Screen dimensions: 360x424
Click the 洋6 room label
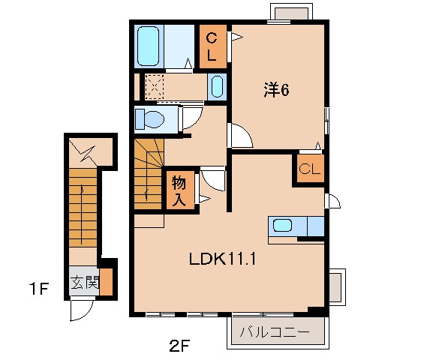tap(275, 91)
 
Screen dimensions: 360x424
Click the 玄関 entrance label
tap(85, 283)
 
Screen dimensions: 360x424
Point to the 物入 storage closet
tap(179, 190)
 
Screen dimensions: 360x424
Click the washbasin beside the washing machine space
tap(215, 87)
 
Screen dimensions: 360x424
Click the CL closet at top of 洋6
tap(212, 46)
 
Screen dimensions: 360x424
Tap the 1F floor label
tap(39, 287)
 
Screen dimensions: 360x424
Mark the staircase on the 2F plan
tap(148, 173)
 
